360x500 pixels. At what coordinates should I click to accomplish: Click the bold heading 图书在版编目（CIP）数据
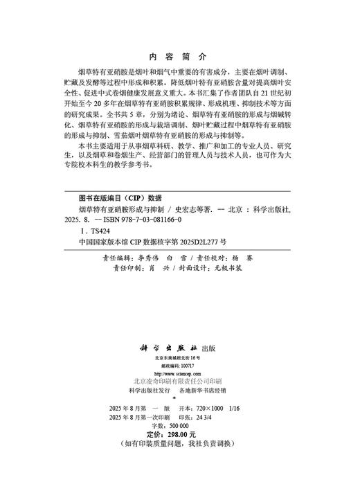click(121, 196)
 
